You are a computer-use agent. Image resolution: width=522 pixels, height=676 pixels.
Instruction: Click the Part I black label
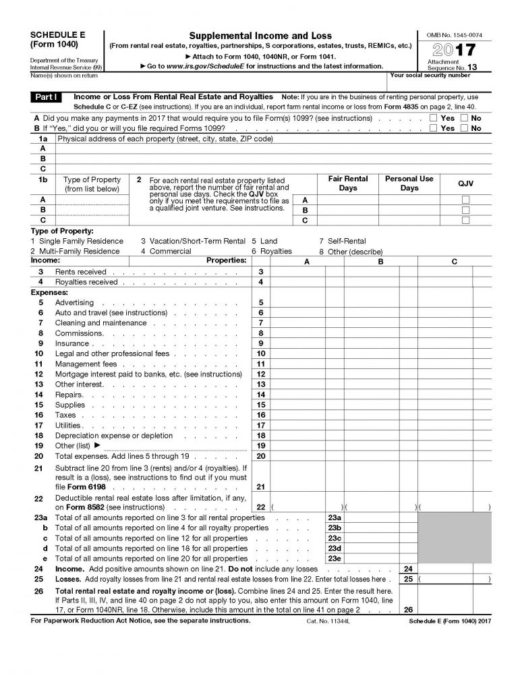pos(47,97)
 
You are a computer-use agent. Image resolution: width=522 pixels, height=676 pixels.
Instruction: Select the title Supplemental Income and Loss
pos(260,35)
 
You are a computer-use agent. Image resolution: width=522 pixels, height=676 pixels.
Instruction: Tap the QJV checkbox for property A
pos(465,200)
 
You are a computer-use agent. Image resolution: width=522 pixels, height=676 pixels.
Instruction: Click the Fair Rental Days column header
pos(348,184)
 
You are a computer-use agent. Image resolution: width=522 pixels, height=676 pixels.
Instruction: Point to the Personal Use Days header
pos(409,184)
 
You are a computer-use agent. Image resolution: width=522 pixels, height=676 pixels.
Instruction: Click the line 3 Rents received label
pos(81,272)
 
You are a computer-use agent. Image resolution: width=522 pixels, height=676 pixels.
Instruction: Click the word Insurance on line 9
pos(71,343)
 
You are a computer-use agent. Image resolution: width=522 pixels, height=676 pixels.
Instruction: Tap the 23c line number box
pos(334,538)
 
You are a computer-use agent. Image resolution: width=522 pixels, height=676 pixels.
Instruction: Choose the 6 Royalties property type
pos(272,251)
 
